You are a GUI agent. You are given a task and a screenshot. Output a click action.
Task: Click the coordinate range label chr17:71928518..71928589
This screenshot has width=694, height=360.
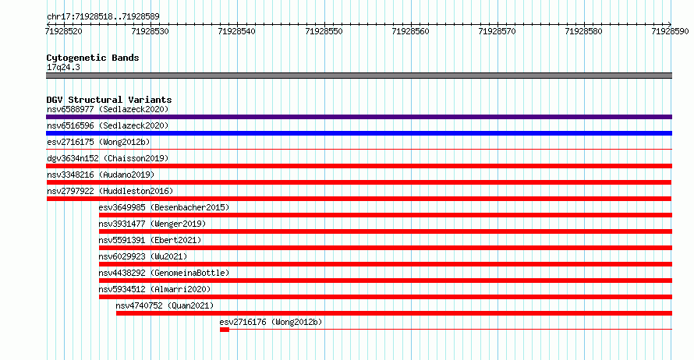click(103, 17)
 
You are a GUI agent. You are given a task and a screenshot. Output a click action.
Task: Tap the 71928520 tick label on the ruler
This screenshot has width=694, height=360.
click(64, 31)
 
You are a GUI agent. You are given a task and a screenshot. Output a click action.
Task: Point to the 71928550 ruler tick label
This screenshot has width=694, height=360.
click(324, 31)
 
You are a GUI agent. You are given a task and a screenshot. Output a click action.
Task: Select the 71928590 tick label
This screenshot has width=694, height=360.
click(670, 31)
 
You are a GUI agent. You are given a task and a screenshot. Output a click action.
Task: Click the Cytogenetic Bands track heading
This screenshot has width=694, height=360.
click(93, 58)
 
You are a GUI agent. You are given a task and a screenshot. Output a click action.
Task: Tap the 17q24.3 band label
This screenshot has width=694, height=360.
click(63, 67)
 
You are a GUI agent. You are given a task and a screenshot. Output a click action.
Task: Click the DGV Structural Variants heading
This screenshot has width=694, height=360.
click(109, 100)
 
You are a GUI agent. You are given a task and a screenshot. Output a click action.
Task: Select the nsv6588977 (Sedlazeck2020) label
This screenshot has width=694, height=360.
click(108, 109)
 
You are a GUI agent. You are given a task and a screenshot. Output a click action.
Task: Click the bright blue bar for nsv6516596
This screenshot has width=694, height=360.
click(359, 133)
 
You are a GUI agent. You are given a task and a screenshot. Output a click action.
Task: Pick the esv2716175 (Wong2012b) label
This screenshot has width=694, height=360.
click(98, 142)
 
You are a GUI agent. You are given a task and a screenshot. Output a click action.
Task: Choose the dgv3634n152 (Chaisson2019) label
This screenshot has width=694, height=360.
click(108, 158)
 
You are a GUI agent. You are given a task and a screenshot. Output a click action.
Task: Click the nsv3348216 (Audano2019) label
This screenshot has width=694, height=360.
click(101, 175)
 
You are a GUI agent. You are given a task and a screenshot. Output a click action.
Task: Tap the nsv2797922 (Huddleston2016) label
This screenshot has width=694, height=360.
click(110, 191)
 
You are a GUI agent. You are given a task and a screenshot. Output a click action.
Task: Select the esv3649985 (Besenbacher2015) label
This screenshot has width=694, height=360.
click(164, 207)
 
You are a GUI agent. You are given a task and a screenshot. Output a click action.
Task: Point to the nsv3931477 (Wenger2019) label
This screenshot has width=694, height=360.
click(152, 224)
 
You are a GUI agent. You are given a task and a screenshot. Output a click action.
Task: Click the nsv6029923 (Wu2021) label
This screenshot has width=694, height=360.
click(143, 256)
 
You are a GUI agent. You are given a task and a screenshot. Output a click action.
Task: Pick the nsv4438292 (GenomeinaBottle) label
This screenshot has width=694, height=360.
click(164, 273)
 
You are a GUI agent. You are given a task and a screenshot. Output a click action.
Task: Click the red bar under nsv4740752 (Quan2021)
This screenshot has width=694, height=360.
click(394, 313)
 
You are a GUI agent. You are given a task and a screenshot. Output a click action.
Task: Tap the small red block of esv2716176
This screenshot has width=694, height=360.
click(225, 330)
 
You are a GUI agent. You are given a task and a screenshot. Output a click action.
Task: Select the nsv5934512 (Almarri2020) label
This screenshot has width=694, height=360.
click(154, 289)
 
